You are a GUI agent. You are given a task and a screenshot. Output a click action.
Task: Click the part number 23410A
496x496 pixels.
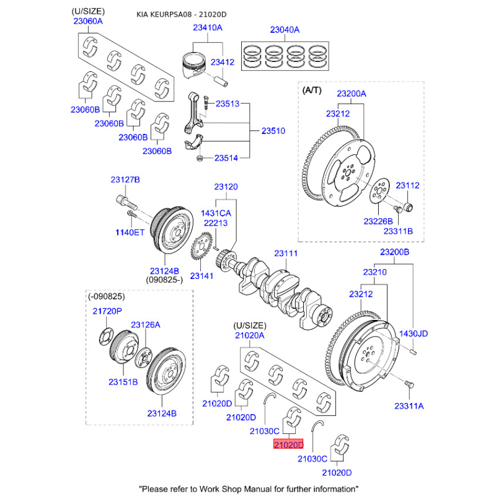(x=207, y=28)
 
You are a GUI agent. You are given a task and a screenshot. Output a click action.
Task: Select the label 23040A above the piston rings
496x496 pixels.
(x=285, y=29)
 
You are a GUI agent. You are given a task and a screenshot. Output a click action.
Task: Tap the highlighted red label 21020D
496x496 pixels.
(x=290, y=444)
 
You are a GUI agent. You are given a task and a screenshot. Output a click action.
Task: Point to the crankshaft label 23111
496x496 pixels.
(x=286, y=254)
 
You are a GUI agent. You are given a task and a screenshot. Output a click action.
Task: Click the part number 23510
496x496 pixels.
(x=273, y=131)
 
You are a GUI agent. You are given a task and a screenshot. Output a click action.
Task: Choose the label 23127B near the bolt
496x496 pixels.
(x=126, y=179)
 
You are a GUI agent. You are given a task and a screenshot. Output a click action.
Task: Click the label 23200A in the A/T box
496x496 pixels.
(x=352, y=94)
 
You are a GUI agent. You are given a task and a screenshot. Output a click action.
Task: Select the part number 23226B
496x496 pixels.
(x=378, y=221)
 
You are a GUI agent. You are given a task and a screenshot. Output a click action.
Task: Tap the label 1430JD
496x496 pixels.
(x=414, y=334)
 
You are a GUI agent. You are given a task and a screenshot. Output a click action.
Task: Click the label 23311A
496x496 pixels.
(x=409, y=405)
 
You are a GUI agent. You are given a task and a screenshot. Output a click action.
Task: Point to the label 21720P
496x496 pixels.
(x=107, y=311)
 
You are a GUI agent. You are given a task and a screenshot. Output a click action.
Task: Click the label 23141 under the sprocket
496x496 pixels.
(x=201, y=275)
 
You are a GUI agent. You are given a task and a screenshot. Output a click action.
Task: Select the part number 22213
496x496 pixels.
(x=216, y=223)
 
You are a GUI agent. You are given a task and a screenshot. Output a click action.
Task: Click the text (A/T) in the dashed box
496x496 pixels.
(x=312, y=90)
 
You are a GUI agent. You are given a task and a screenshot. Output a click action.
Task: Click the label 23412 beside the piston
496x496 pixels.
(x=222, y=63)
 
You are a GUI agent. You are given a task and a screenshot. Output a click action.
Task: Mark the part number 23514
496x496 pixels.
(x=226, y=158)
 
